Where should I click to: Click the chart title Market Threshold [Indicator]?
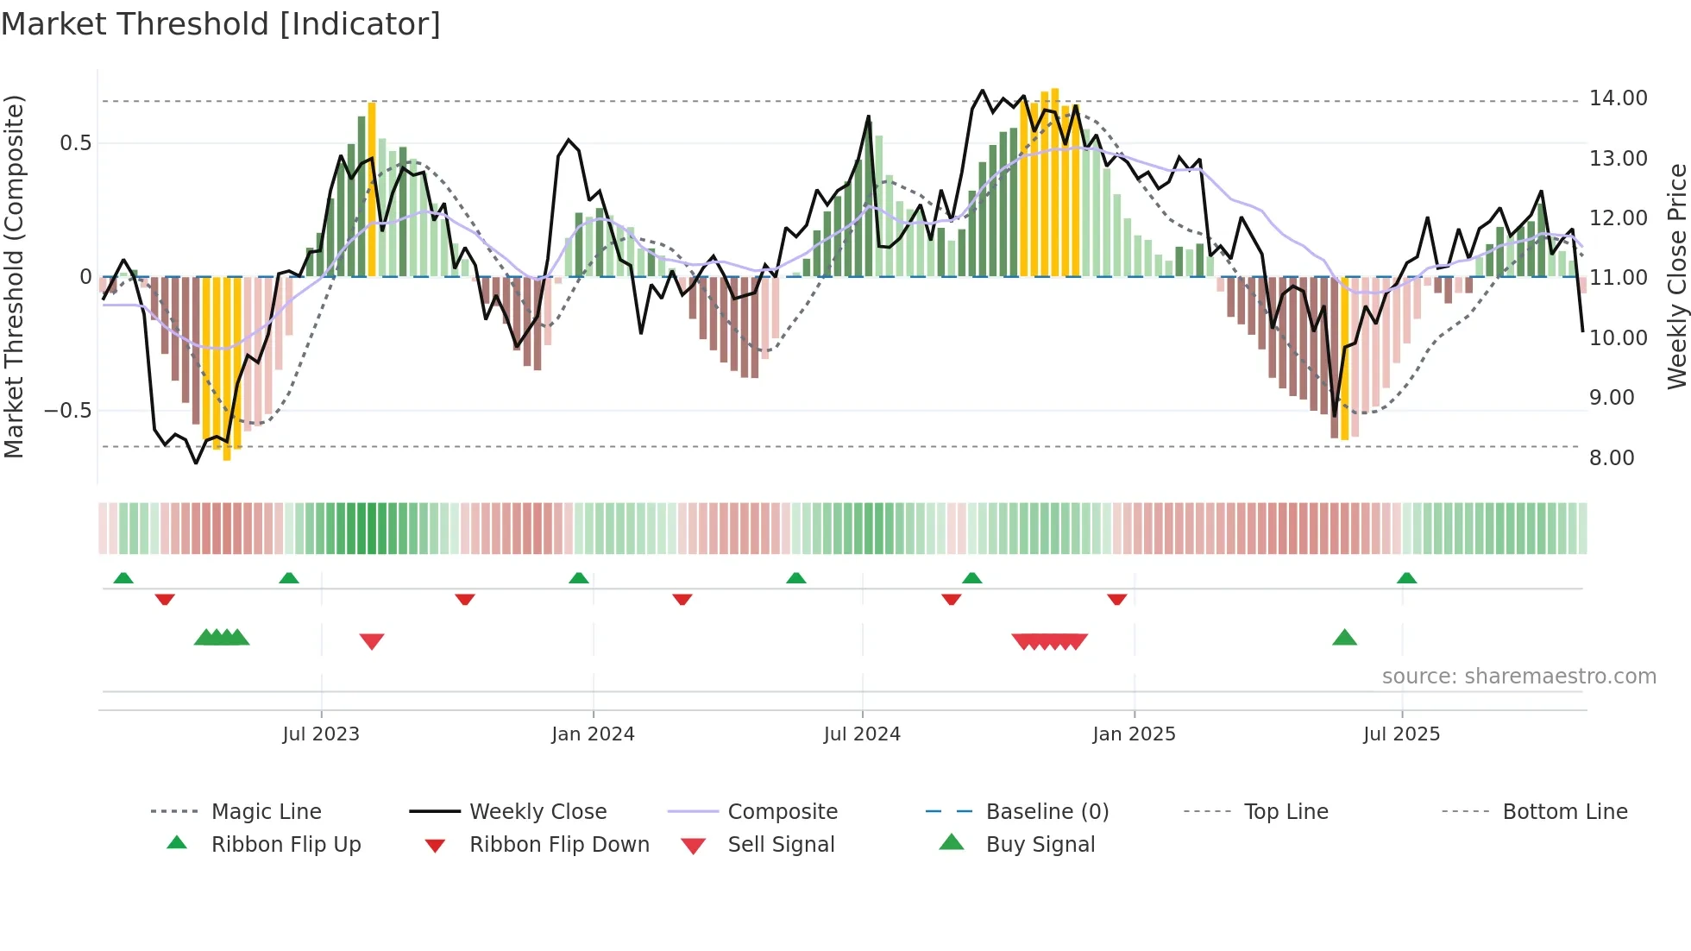tap(221, 24)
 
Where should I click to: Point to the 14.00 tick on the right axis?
tap(1618, 98)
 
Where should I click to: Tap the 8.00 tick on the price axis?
tap(1612, 458)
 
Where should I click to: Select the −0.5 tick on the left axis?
tap(68, 411)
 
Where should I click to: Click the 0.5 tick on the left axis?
tap(76, 143)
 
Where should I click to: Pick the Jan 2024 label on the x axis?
tap(593, 734)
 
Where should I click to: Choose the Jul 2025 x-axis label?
tap(1401, 734)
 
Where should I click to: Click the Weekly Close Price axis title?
tap(1676, 276)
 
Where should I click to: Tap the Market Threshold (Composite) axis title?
tap(14, 276)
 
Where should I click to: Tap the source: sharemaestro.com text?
tap(1518, 677)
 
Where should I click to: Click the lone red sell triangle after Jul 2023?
tap(372, 641)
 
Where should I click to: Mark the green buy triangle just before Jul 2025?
tap(1344, 639)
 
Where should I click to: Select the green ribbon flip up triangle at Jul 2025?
tap(1406, 578)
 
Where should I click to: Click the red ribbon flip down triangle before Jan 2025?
tap(1116, 599)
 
